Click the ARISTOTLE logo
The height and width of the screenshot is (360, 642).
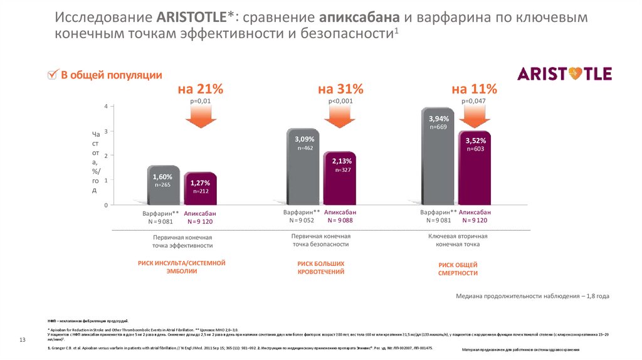tap(564, 74)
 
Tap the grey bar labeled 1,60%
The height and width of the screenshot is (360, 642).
tap(163, 186)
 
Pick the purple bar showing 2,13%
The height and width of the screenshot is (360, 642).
tap(340, 179)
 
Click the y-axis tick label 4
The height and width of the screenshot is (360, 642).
tap(106, 106)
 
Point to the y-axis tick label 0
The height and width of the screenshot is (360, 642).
tap(106, 205)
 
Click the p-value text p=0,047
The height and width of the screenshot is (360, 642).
tap(474, 101)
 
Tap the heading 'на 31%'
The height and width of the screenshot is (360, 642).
tap(340, 88)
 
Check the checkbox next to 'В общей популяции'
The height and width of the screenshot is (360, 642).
tap(53, 76)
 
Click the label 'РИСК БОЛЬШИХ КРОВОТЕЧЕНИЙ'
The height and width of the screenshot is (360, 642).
tap(321, 268)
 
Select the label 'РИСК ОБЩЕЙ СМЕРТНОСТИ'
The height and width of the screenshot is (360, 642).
tap(458, 269)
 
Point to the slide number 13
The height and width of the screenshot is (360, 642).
tap(22, 340)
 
